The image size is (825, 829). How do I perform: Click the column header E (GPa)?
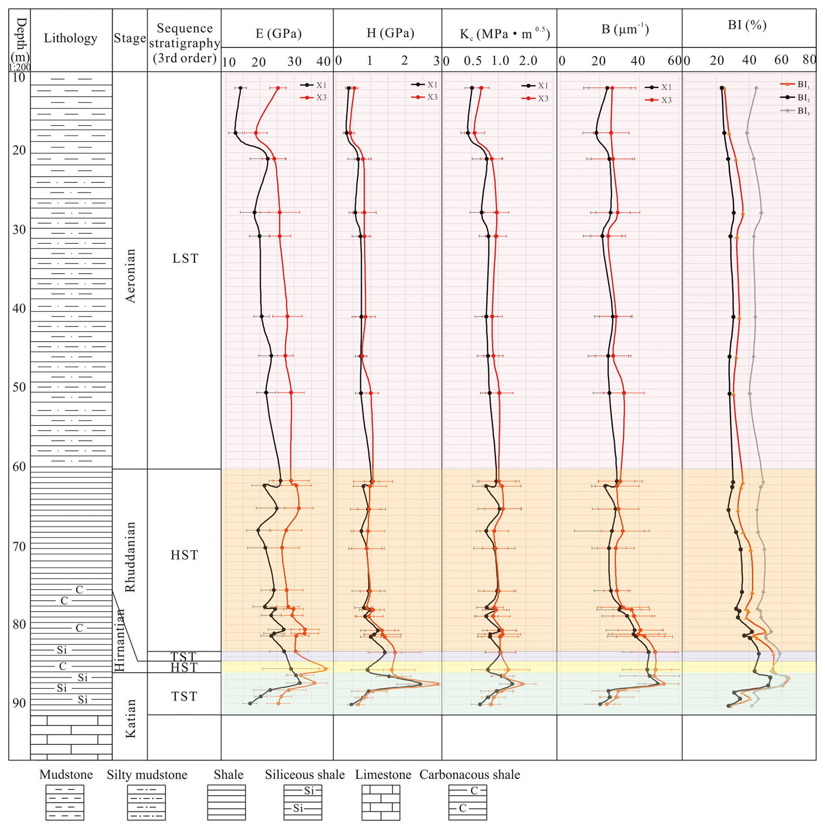(278, 34)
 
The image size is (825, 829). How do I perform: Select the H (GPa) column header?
(390, 33)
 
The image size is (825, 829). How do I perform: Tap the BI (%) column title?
(747, 25)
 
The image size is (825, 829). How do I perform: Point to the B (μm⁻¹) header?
(625, 30)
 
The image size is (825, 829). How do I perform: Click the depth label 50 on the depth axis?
(19, 387)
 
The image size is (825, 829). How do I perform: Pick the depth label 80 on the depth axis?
(19, 624)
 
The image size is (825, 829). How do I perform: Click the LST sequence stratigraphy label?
(185, 258)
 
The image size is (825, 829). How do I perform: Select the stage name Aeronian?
(130, 276)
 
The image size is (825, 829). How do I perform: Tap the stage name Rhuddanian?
(130, 557)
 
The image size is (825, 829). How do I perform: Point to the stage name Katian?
(130, 718)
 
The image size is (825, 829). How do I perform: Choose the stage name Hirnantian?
(119, 640)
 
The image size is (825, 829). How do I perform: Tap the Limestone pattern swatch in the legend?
(381, 802)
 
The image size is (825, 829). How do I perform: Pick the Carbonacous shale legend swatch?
(467, 802)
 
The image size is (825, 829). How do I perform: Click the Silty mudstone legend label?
(147, 774)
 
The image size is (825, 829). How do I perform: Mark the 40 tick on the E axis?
(324, 62)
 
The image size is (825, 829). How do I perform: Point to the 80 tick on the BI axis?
(809, 60)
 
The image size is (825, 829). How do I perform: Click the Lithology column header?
(70, 38)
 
